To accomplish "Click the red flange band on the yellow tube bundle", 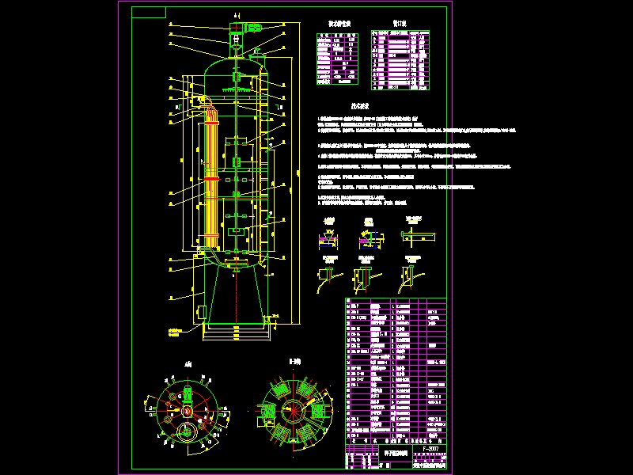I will click(211, 180).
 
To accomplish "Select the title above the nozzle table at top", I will click(399, 24).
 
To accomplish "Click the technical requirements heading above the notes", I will click(361, 104).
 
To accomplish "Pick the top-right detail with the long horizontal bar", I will click(415, 234).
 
